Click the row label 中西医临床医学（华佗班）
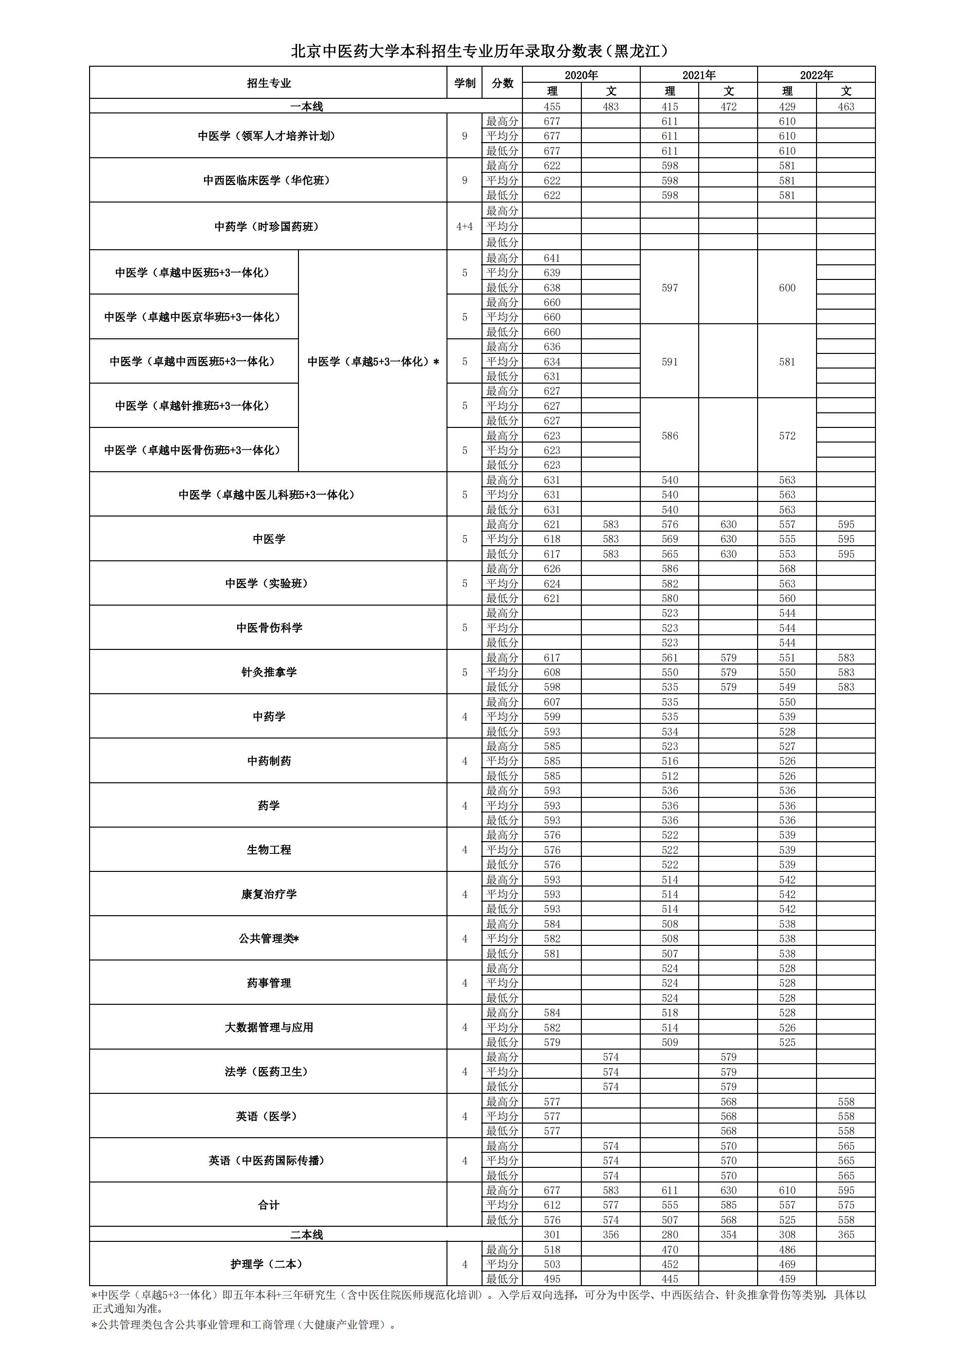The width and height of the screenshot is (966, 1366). point(268,180)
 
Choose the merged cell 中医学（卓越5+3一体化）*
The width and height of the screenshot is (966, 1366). point(372,361)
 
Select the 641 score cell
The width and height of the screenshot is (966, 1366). point(552,258)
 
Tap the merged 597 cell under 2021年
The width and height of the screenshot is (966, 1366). point(669,287)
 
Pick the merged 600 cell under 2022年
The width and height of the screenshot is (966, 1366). point(787,287)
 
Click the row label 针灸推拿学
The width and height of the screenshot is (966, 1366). point(268,672)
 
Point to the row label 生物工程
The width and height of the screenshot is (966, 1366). point(268,849)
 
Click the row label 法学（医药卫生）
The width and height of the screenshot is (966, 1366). point(268,1071)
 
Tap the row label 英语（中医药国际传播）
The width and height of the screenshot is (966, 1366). point(268,1160)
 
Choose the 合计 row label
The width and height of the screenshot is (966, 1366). point(268,1205)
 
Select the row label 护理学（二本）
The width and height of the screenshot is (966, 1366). point(268,1264)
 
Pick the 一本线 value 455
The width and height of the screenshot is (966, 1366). point(552,107)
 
